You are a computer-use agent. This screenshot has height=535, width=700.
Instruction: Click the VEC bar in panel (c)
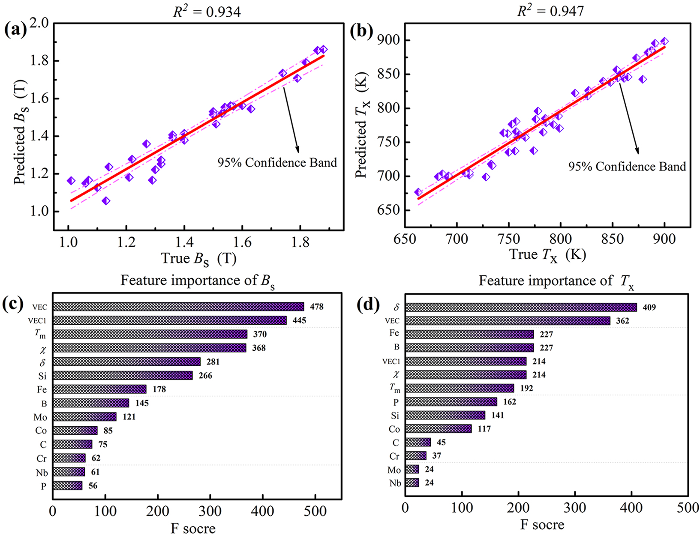[x=178, y=307]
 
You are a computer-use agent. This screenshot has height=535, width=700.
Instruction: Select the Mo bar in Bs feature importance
[x=84, y=417]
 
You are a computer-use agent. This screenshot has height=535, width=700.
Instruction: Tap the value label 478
[x=317, y=307]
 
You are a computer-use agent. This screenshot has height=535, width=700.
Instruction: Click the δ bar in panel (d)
[x=521, y=307]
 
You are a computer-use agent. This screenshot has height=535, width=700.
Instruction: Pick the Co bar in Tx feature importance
[x=438, y=429]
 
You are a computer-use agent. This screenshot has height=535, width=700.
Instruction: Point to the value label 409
[x=649, y=308]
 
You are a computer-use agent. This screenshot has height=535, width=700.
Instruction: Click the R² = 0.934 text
[x=207, y=11]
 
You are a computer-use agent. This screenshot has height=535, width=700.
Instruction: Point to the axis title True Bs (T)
[x=198, y=258]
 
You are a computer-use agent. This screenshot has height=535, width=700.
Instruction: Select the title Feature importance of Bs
[x=197, y=281]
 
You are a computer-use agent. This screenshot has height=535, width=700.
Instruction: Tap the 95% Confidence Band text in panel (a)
[x=277, y=163]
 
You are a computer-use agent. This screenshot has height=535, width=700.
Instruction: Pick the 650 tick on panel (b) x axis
[x=405, y=239]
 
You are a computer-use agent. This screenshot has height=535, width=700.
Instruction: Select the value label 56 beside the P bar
[x=93, y=486]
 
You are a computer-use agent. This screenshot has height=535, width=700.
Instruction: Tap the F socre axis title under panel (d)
[x=542, y=524]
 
